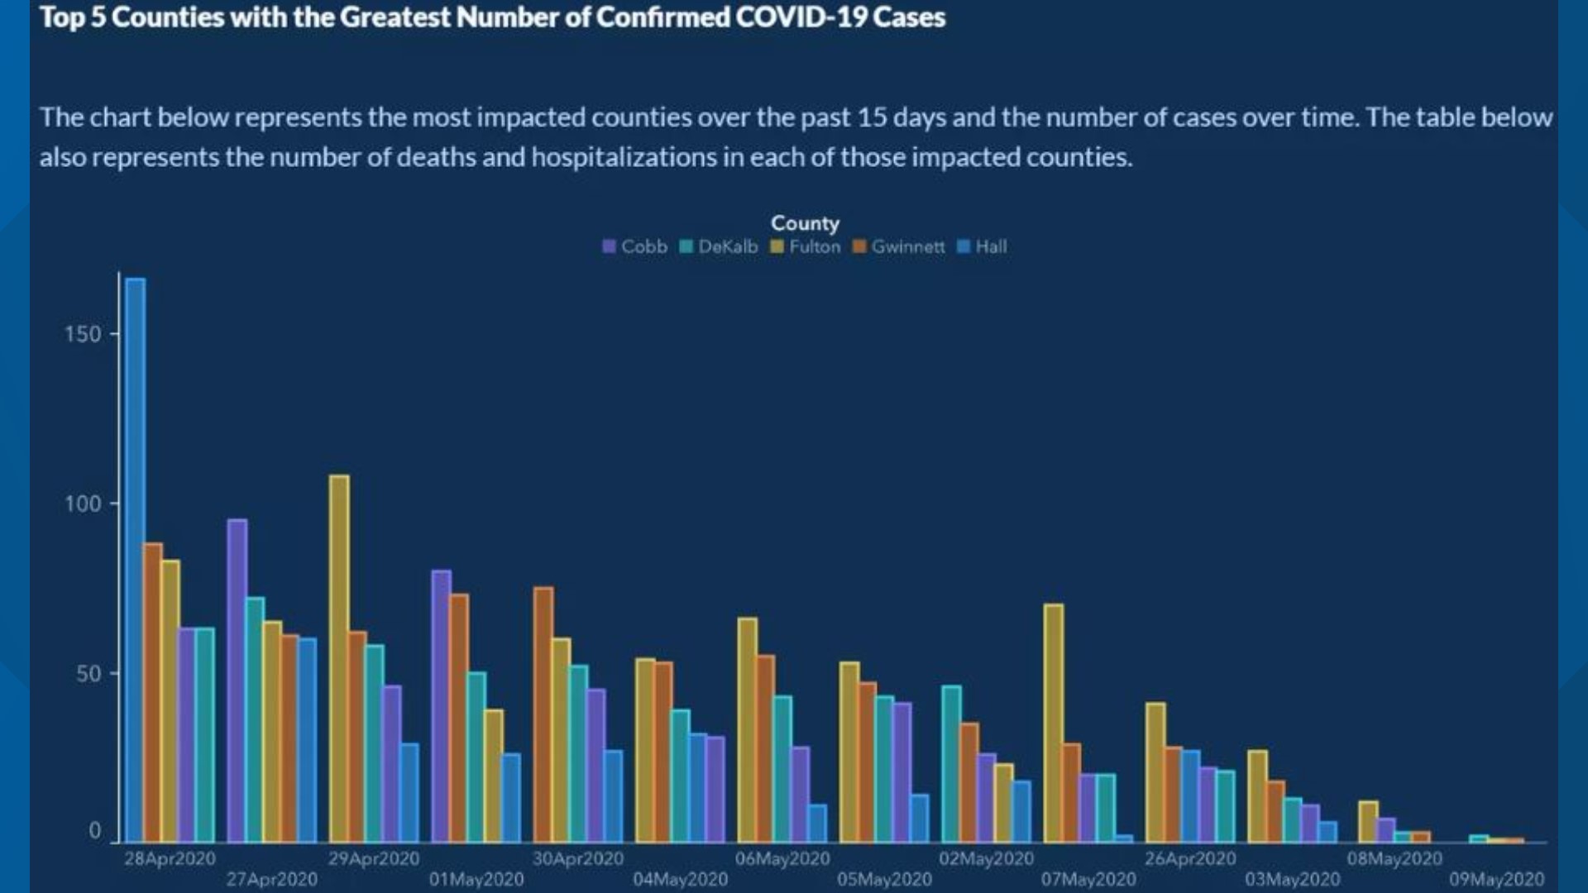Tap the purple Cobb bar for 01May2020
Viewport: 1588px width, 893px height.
(x=442, y=706)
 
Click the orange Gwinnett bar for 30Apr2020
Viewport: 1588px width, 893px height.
(x=543, y=714)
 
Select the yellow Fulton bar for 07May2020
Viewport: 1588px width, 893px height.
(x=1054, y=723)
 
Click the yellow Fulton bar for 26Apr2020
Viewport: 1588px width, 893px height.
(x=1155, y=772)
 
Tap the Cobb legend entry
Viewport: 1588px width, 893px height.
(x=635, y=247)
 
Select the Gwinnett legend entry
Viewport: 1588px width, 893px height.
(x=899, y=247)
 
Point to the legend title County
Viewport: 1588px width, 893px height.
(x=805, y=223)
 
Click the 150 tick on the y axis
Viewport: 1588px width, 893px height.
(x=83, y=334)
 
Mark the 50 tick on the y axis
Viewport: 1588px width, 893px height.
(x=88, y=674)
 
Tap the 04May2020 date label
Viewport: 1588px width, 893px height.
(x=681, y=880)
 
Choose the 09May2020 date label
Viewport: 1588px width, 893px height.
(x=1496, y=880)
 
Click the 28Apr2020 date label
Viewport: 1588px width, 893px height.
(x=170, y=859)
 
